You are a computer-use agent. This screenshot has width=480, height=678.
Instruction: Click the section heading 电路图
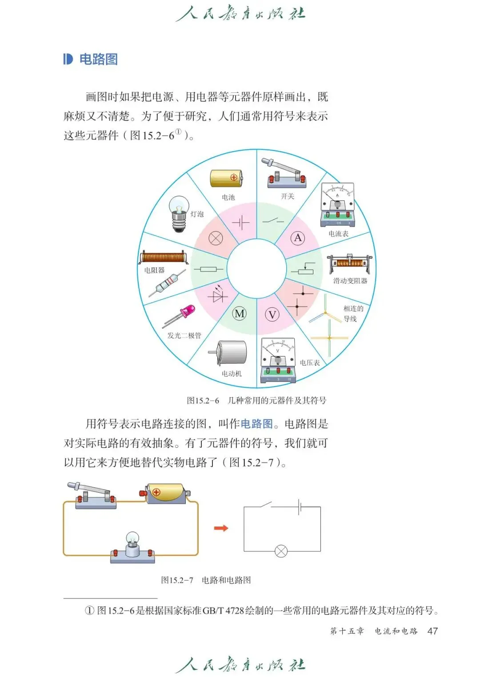coord(98,59)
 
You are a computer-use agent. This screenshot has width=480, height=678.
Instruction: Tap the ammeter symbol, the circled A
coord(298,238)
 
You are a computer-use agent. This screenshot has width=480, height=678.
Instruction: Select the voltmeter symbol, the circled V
coord(272,315)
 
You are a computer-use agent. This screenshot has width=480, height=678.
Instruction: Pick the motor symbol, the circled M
coord(240,314)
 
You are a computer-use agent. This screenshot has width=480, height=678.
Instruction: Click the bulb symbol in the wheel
coord(216,239)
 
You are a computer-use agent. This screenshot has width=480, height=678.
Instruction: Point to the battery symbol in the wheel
coord(241,222)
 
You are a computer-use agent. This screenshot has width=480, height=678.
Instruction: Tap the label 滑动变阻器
coord(350,281)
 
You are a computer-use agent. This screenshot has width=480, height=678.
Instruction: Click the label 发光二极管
coord(184,335)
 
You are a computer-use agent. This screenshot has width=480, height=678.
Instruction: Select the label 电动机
coord(232,374)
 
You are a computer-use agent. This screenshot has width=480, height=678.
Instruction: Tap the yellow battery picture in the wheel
coord(226,178)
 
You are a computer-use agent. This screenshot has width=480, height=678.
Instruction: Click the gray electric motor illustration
coord(230,354)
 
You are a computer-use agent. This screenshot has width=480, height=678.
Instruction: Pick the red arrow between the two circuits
coord(221,528)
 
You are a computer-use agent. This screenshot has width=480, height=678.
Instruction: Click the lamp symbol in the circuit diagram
coord(281,551)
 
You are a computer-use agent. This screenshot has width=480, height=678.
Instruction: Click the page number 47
coord(432,631)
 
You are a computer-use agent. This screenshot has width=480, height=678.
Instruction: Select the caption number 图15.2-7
coord(177,580)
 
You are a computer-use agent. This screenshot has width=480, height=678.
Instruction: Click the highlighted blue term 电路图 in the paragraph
coord(256,424)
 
